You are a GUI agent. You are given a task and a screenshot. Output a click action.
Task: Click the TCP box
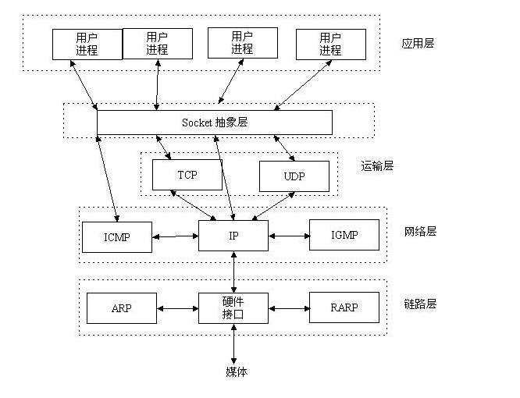point(187,175)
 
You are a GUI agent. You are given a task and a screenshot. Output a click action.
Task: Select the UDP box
point(294,176)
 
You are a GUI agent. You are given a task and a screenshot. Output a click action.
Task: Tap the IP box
point(233,235)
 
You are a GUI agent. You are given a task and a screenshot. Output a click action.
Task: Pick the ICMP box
point(116,236)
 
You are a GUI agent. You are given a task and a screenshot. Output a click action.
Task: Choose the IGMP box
point(344,234)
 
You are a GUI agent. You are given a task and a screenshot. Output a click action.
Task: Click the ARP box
point(121,308)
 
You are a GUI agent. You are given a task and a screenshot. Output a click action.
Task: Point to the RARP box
point(344,308)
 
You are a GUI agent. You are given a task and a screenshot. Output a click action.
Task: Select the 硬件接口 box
point(233,308)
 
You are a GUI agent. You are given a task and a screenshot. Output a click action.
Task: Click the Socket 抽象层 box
point(214,123)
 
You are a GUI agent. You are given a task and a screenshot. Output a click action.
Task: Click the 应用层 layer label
point(418,43)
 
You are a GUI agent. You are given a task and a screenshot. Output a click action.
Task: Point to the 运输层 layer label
point(377,165)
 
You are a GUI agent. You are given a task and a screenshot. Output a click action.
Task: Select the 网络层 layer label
point(420,231)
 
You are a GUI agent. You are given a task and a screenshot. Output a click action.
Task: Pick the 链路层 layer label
point(420,304)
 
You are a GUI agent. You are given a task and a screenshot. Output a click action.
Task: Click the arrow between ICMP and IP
point(175,235)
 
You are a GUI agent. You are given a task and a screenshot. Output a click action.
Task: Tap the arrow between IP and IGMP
point(289,235)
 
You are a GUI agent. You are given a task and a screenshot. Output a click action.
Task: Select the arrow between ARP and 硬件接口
point(177,308)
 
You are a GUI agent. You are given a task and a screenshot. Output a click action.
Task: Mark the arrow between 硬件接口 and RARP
point(289,308)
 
